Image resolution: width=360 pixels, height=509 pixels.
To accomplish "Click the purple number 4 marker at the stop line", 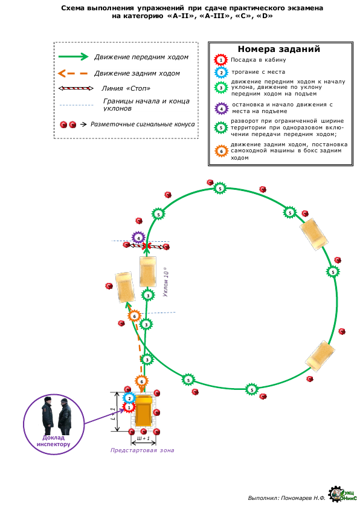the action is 138,238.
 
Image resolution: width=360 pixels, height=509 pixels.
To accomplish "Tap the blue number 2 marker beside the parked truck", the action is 129,398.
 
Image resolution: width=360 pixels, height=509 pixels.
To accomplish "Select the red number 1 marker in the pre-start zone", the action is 129,407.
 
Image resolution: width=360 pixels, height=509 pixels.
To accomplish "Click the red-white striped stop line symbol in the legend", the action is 76,88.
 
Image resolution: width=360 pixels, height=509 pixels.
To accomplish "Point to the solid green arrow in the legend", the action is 73,57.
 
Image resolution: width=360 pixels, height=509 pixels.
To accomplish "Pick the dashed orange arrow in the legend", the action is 72,73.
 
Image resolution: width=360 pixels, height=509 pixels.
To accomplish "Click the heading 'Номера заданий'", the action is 279,49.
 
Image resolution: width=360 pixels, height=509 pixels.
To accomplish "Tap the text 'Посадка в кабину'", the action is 258,60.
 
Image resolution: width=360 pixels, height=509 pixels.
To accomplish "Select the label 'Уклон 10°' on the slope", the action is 166,282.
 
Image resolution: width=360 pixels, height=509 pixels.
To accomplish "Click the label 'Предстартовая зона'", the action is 142,450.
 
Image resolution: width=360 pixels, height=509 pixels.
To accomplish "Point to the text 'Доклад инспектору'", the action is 54,441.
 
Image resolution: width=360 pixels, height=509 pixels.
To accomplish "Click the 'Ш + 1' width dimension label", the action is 143,438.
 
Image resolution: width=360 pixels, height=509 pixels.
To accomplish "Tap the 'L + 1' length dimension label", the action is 113,415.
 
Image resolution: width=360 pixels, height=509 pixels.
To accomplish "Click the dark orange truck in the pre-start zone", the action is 144,410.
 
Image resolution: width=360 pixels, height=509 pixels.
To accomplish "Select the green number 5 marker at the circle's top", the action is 220,189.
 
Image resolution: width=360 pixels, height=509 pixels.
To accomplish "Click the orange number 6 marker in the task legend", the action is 222,151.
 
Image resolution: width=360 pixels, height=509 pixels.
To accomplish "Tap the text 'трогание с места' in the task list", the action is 258,72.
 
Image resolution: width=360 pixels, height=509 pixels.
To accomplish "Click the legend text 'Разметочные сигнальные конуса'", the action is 143,124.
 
